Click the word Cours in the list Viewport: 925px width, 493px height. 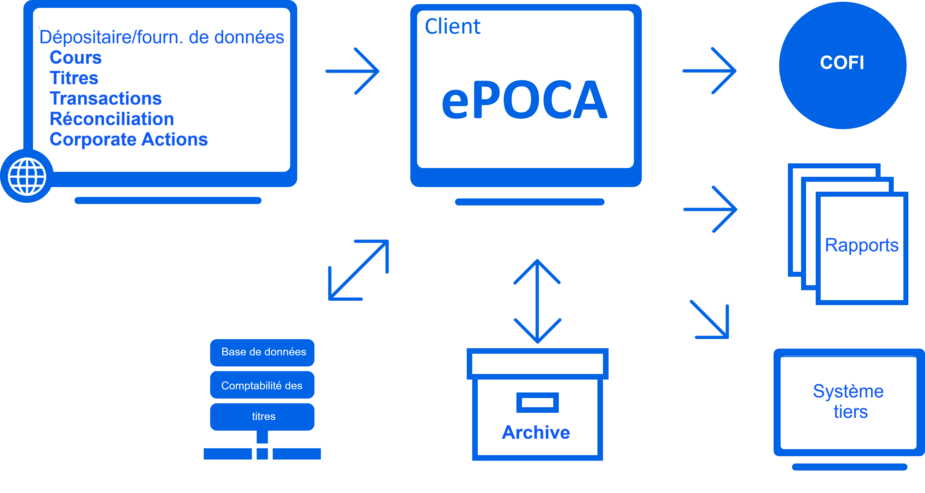point(75,58)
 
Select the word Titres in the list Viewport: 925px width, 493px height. point(74,78)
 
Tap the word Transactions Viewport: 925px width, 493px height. point(106,98)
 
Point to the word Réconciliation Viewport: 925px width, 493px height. point(112,119)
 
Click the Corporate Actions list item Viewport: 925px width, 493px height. point(129,139)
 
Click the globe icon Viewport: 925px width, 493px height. point(27,176)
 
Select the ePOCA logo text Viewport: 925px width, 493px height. point(524,100)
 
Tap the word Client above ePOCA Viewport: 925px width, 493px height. point(452,27)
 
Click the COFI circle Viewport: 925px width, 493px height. point(842,65)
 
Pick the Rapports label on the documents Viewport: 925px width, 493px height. point(862,245)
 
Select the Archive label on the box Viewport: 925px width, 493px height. point(536,432)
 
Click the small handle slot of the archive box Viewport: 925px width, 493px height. point(537,402)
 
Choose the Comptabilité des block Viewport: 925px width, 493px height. point(262,385)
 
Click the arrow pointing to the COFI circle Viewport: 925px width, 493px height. point(710,71)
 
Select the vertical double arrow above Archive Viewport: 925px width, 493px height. point(537,301)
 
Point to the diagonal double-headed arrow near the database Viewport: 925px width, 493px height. point(358,270)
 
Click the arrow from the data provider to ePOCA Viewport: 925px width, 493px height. point(352,71)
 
